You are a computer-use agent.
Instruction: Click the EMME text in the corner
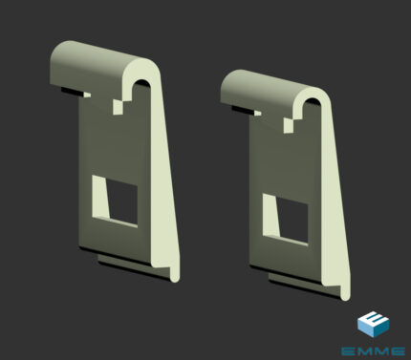tap(373, 351)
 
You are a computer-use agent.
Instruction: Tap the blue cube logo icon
tap(374, 324)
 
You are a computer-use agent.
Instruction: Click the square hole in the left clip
tap(122, 201)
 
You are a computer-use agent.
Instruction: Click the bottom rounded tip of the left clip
tap(175, 278)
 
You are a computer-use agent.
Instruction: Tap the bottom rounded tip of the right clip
tap(345, 296)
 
